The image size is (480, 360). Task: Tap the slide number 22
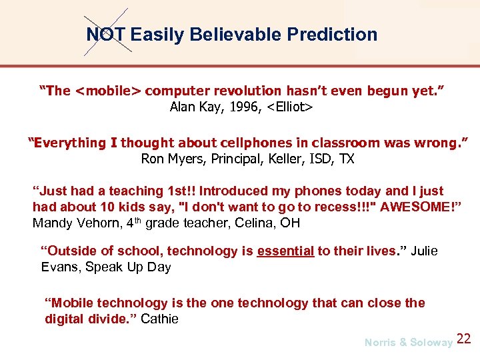[x=464, y=339]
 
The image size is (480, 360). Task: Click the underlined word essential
[x=285, y=251]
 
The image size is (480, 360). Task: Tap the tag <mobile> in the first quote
[x=108, y=91]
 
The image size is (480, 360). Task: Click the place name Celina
[x=256, y=223]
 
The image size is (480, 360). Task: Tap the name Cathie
[x=159, y=319]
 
